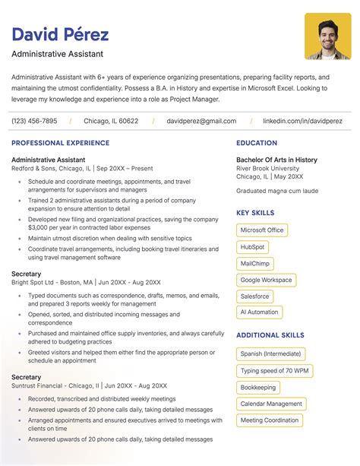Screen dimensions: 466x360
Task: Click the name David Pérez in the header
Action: (60, 34)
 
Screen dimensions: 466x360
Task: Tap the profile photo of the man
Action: (327, 36)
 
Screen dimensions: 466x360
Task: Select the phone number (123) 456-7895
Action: (34, 121)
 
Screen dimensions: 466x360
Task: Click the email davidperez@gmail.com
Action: (201, 121)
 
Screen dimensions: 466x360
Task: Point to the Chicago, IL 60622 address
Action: (111, 121)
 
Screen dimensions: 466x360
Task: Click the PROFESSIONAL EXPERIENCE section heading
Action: (60, 143)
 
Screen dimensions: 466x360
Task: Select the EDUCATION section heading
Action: (257, 143)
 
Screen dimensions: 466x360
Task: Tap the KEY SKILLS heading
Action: (255, 214)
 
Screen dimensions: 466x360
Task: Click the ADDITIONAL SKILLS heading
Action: (270, 335)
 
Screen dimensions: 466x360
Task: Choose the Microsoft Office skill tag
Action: (262, 230)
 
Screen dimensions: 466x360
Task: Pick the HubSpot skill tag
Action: (252, 247)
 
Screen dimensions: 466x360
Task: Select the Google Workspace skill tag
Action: (266, 280)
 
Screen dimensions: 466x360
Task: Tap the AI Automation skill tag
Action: (259, 312)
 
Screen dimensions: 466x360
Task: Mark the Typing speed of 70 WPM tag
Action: (274, 371)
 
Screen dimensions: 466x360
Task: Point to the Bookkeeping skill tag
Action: (258, 388)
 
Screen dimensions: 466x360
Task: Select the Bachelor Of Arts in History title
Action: (276, 160)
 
